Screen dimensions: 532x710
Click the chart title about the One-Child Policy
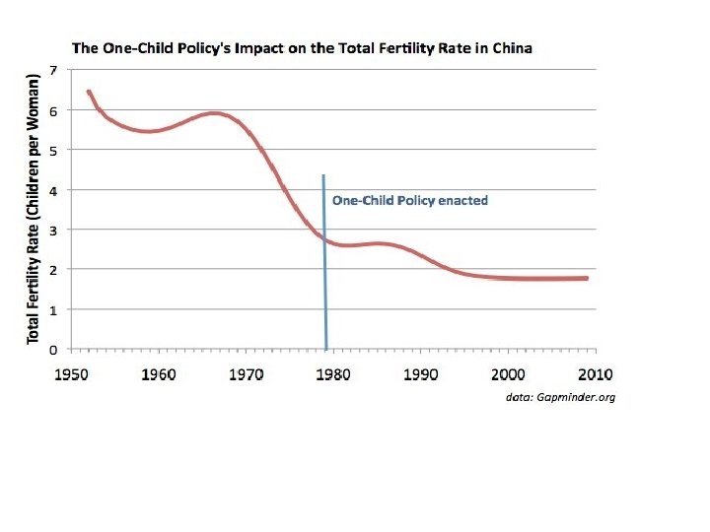(302, 48)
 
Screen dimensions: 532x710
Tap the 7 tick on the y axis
(54, 70)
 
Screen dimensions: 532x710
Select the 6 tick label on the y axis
(54, 110)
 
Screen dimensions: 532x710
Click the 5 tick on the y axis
(54, 150)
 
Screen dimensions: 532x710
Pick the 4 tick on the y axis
(54, 190)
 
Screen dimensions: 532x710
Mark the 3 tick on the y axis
(54, 230)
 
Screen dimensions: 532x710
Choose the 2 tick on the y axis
(54, 270)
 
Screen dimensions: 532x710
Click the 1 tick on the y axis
(54, 309)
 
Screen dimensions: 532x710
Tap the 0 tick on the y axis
(54, 349)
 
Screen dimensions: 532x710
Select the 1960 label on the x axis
(159, 374)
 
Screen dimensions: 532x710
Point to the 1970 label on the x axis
(246, 374)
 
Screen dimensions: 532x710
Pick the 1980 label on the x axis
(333, 374)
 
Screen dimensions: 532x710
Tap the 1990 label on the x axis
(421, 374)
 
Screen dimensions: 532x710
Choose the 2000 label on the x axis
(508, 374)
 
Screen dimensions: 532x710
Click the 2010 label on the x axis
(595, 374)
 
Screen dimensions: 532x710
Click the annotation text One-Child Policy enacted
(409, 200)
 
